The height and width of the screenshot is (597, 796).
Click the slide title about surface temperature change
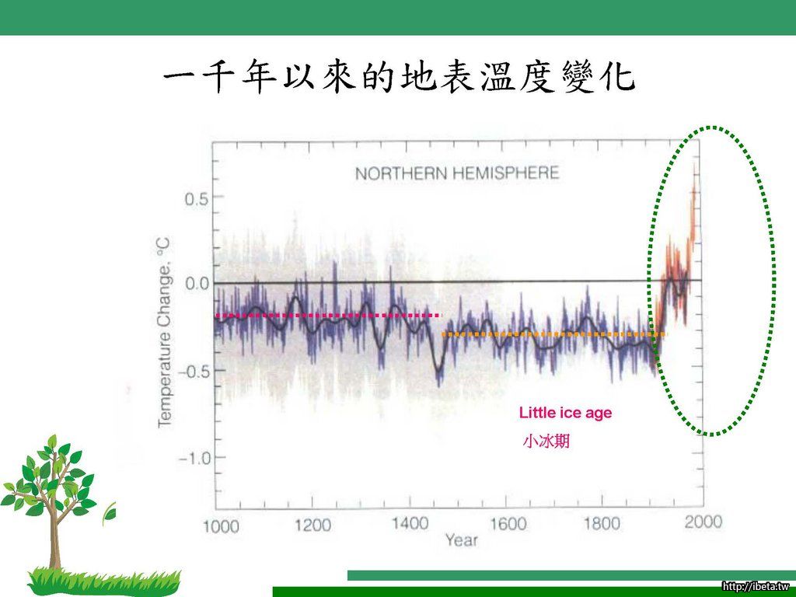coord(399,78)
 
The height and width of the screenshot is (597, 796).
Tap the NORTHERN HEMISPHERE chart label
coord(457,173)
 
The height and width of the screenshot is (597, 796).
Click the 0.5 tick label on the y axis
coord(196,199)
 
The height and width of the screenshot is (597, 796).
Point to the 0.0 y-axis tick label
coord(196,283)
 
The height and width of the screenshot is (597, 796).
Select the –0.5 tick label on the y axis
coord(193,371)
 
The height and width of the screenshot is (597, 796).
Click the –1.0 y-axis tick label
coord(193,459)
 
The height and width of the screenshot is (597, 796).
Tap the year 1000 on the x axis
coord(221,526)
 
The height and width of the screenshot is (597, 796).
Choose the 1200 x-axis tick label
coord(312,525)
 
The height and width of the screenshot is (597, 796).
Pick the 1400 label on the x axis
coord(410,523)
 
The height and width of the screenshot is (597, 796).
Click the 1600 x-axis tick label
coord(508,523)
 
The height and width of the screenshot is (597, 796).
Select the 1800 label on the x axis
coord(602,522)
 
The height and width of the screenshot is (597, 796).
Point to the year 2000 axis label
coord(703,522)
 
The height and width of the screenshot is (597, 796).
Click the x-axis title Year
coord(462,540)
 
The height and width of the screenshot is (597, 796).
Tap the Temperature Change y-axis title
coord(164,333)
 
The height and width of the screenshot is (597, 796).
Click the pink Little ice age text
coord(566,413)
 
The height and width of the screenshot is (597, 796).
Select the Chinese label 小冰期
coord(546,441)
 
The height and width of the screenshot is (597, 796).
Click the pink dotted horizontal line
coord(329,316)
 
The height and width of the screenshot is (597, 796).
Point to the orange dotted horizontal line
coord(553,334)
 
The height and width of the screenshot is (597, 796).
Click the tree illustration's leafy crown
coord(51,475)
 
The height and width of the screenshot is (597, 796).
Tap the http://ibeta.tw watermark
coord(758,586)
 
